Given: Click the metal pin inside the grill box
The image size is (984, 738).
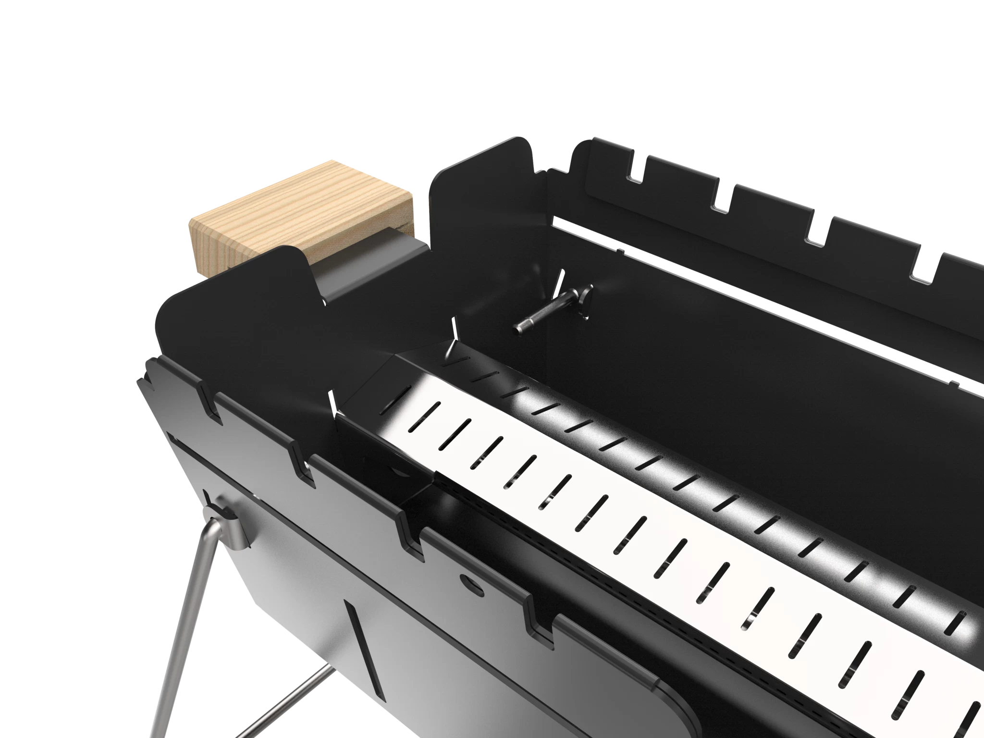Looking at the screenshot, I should click(x=548, y=312).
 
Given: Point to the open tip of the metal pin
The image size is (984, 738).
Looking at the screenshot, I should click(x=518, y=329).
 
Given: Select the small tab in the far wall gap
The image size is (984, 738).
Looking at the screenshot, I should click(x=620, y=250).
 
